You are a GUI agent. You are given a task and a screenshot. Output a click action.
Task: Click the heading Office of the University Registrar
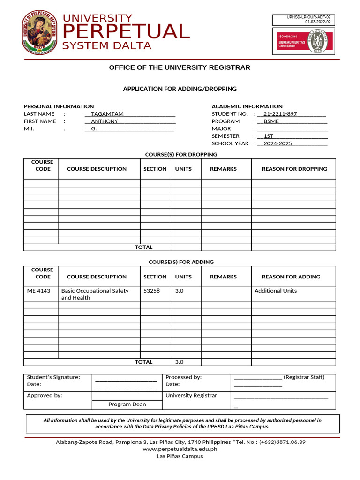pyautogui.click(x=180, y=67)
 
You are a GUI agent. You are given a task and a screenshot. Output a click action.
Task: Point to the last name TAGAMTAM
pyautogui.click(x=107, y=114)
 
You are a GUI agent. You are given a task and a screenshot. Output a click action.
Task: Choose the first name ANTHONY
pyautogui.click(x=105, y=121)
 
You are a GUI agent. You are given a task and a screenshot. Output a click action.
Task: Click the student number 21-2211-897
pyautogui.click(x=280, y=114)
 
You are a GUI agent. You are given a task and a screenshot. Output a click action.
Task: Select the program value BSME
pyautogui.click(x=271, y=121)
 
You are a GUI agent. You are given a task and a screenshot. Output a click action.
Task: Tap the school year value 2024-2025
pyautogui.click(x=277, y=143)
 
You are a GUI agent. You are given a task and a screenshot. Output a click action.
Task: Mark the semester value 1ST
pyautogui.click(x=269, y=136)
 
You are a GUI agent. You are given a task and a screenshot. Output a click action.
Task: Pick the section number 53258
pyautogui.click(x=151, y=291)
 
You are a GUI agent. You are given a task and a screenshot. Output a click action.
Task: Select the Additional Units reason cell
pyautogui.click(x=276, y=291)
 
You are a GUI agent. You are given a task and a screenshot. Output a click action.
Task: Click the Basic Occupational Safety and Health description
pyautogui.click(x=95, y=294)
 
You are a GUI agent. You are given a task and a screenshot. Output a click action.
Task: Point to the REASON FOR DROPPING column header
pyautogui.click(x=294, y=169)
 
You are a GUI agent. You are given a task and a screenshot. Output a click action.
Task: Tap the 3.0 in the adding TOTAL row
pyautogui.click(x=179, y=362)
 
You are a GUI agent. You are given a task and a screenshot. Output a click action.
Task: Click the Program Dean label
pyautogui.click(x=127, y=404)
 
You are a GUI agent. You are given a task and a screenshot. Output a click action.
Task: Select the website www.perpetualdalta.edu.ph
pyautogui.click(x=180, y=449)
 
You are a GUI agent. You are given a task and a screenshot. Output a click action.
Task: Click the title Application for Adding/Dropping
pyautogui.click(x=180, y=89)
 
